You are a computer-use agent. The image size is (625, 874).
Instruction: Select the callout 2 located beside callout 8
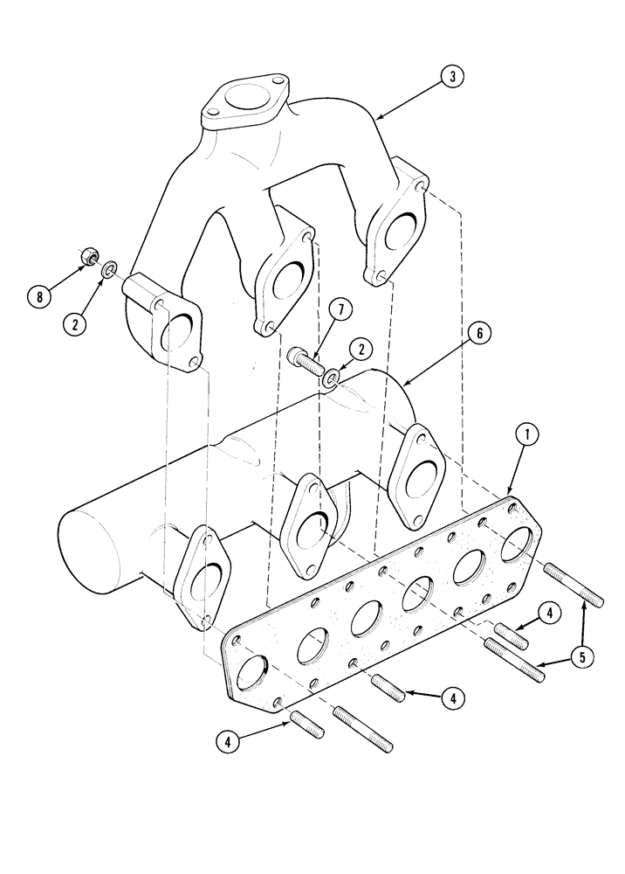pyautogui.click(x=75, y=321)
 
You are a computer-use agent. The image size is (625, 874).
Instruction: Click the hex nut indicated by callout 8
pyautogui.click(x=88, y=257)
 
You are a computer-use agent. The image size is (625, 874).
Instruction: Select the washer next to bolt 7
pyautogui.click(x=333, y=379)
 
